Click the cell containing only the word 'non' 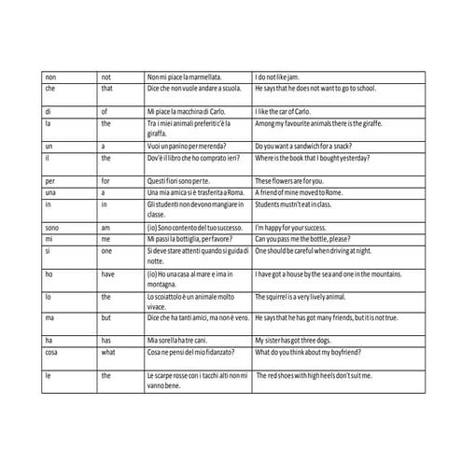click(x=50, y=75)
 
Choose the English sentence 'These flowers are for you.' click(x=302, y=179)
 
